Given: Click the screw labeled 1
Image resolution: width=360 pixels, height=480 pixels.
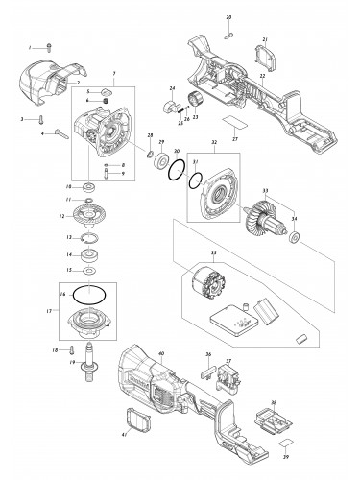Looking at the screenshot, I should [50, 47].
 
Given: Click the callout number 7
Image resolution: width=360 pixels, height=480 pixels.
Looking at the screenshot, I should [116, 74].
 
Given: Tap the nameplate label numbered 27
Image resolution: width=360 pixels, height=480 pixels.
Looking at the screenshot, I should [231, 125].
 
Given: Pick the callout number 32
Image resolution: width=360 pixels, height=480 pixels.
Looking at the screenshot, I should [215, 142].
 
